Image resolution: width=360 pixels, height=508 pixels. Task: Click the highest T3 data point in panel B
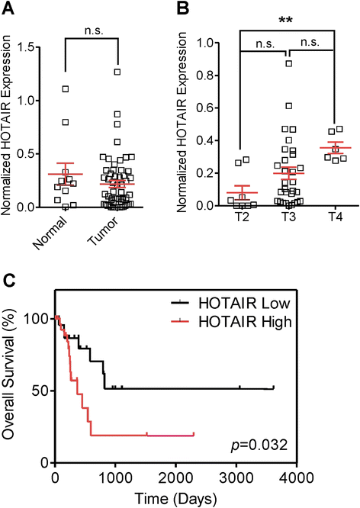pyautogui.click(x=289, y=64)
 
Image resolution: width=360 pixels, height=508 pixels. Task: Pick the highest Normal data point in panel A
pyautogui.click(x=66, y=88)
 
